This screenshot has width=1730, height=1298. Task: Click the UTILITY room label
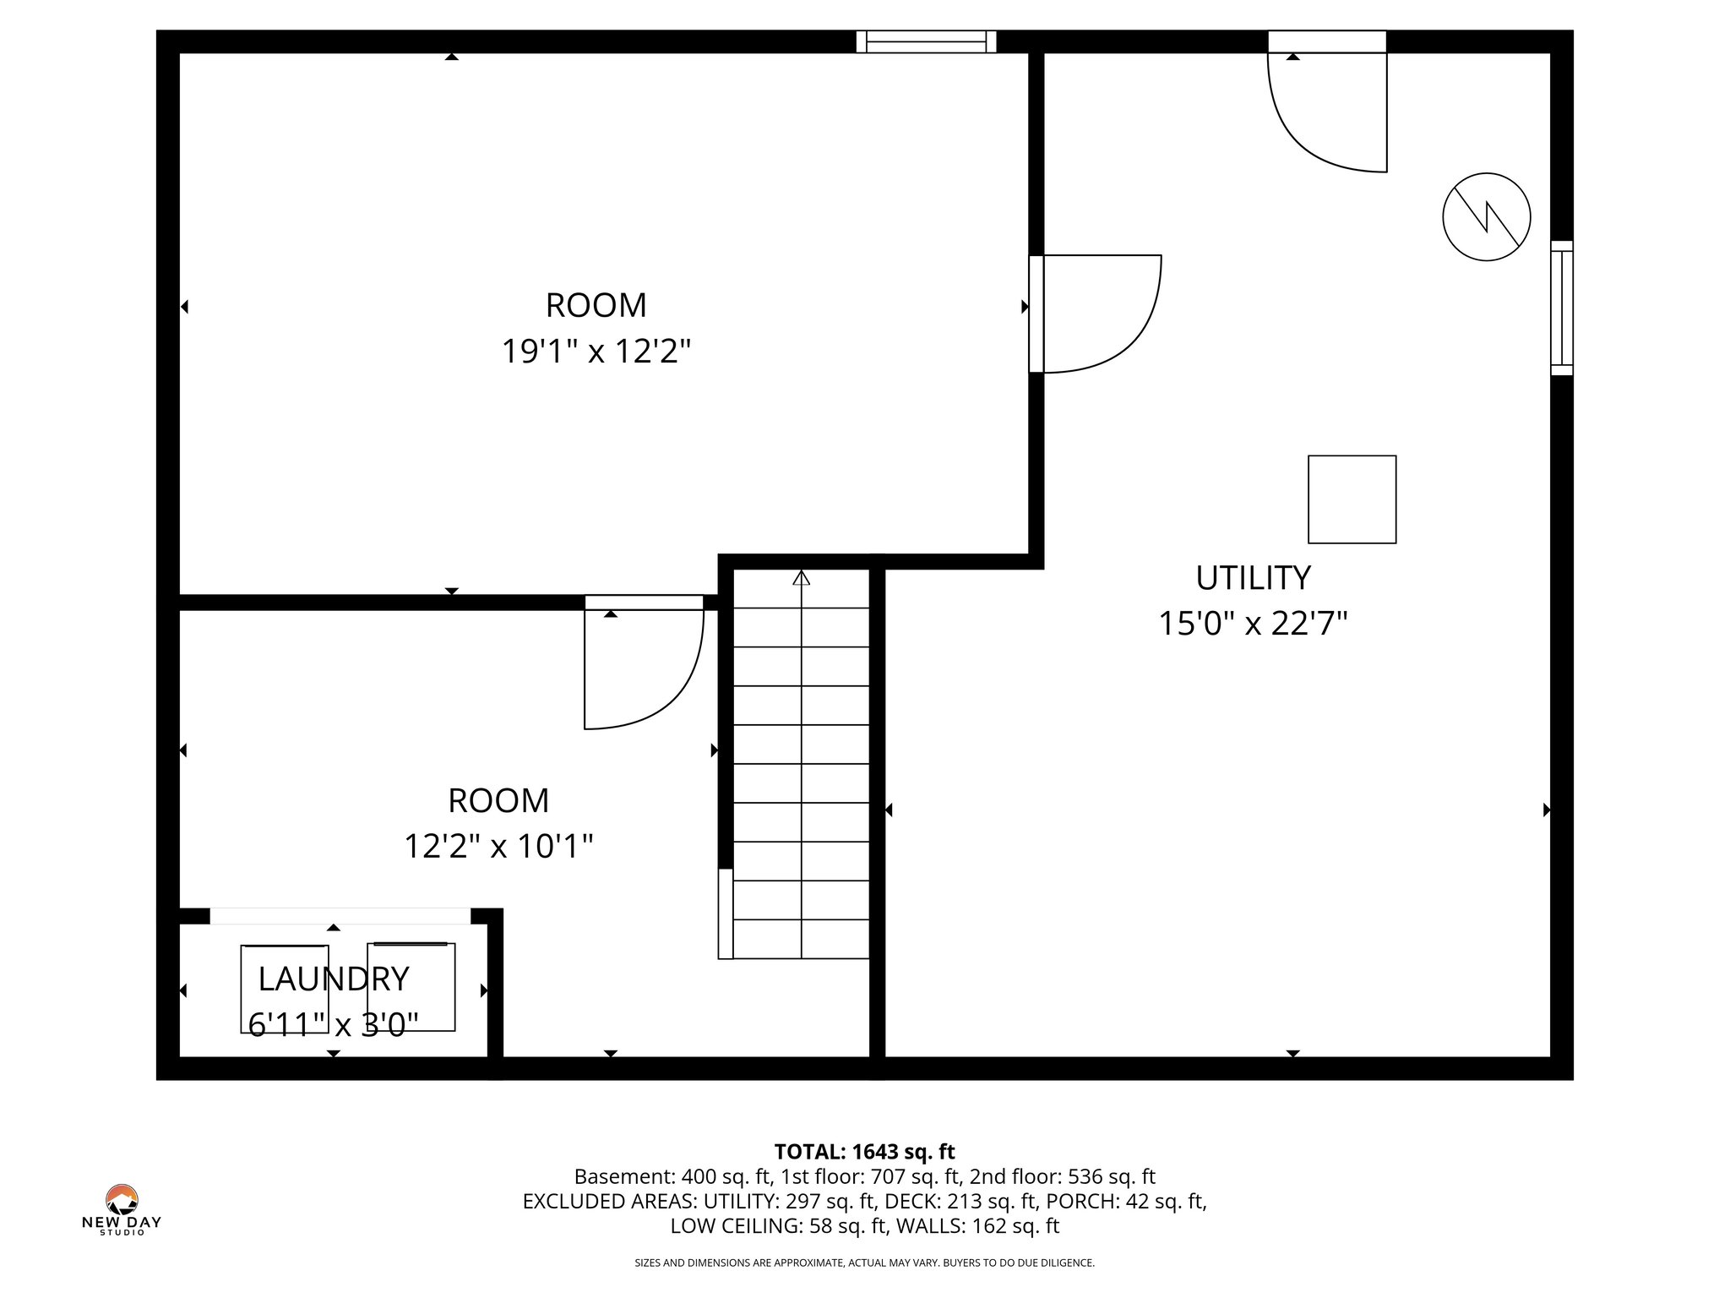click(x=1253, y=578)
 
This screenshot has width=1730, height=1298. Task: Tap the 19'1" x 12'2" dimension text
click(x=596, y=351)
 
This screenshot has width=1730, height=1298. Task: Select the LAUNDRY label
click(x=333, y=979)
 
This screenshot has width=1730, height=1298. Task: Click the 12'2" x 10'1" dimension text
click(x=498, y=845)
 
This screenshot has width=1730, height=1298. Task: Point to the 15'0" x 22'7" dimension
click(x=1252, y=624)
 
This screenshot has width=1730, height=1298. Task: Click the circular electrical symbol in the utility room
click(x=1486, y=216)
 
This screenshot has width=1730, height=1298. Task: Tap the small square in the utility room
click(x=1352, y=499)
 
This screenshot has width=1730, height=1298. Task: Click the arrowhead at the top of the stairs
click(x=801, y=578)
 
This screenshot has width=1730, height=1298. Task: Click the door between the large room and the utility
click(x=1098, y=313)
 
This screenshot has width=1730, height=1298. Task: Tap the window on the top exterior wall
click(x=926, y=41)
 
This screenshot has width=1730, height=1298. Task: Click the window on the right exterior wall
click(x=1562, y=308)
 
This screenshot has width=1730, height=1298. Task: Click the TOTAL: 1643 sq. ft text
click(x=864, y=1151)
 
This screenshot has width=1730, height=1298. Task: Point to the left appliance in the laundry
click(x=285, y=988)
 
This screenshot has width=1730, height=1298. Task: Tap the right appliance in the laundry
click(x=411, y=986)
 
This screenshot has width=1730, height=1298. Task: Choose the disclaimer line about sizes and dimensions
click(x=864, y=1263)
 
